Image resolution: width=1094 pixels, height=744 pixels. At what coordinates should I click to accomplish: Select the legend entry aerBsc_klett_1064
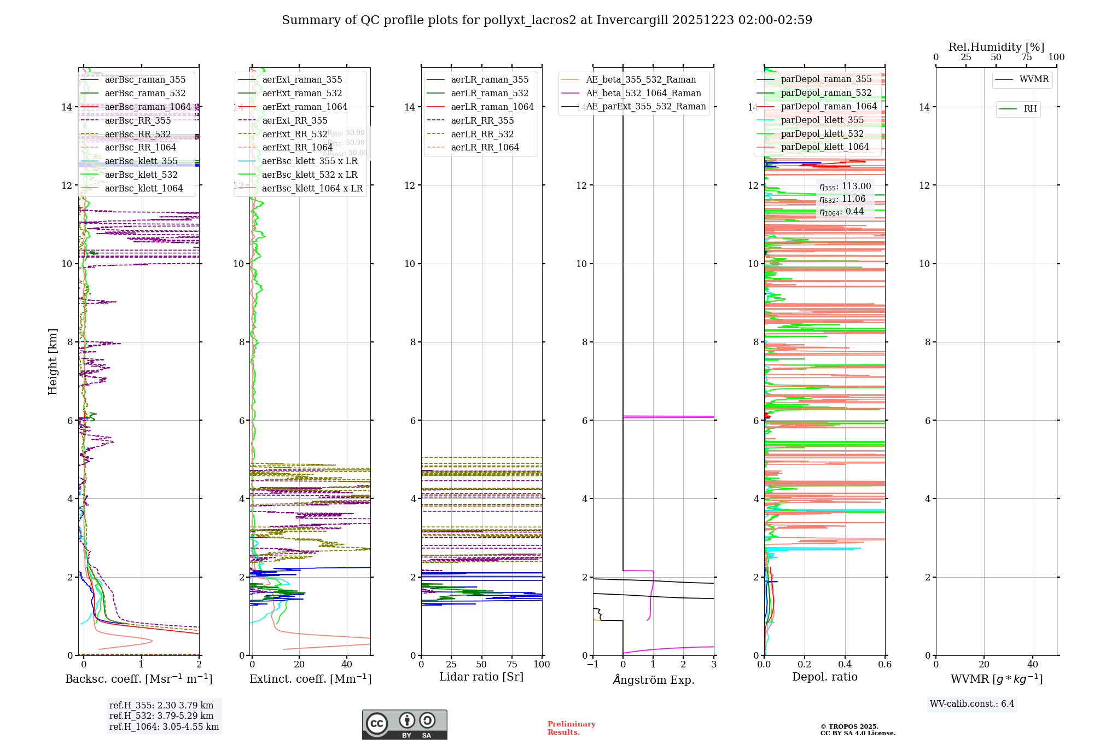pos(144,188)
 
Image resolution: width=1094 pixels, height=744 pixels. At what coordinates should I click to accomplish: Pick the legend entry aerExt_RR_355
pos(295,120)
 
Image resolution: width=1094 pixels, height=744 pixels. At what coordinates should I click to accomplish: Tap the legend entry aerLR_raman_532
pos(490,93)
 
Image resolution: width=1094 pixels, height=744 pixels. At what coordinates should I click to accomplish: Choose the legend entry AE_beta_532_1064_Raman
pos(643,93)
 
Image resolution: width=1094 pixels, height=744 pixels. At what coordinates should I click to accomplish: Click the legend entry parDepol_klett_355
pos(822,120)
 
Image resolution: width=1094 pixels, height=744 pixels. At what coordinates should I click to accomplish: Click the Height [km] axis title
pos(53,361)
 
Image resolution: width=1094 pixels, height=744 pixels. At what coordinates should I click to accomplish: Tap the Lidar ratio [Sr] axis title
pos(481,677)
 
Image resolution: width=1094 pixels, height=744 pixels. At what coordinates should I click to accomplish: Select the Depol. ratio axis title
pos(824,677)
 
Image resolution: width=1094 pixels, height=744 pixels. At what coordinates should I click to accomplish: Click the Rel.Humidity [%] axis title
pos(996,47)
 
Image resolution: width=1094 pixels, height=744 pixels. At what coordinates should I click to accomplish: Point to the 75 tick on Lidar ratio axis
pos(512,664)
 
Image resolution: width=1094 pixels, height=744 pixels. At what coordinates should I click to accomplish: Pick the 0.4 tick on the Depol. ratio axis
pos(845,664)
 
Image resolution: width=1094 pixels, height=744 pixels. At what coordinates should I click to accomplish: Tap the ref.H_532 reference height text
pos(161,716)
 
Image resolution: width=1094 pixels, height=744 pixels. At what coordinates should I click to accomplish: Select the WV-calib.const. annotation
pos(972,704)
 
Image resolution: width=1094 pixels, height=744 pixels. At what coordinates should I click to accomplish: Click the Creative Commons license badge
pos(404,724)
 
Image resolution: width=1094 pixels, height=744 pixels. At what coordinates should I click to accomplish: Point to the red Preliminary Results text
pos(571,728)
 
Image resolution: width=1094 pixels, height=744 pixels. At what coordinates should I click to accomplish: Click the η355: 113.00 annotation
pos(845,187)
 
